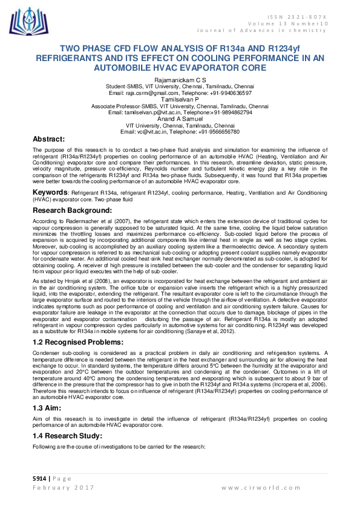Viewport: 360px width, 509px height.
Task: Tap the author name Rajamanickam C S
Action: (x=180, y=80)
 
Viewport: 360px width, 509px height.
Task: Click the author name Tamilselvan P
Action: (x=180, y=99)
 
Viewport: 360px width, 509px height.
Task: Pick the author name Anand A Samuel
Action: (x=180, y=119)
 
